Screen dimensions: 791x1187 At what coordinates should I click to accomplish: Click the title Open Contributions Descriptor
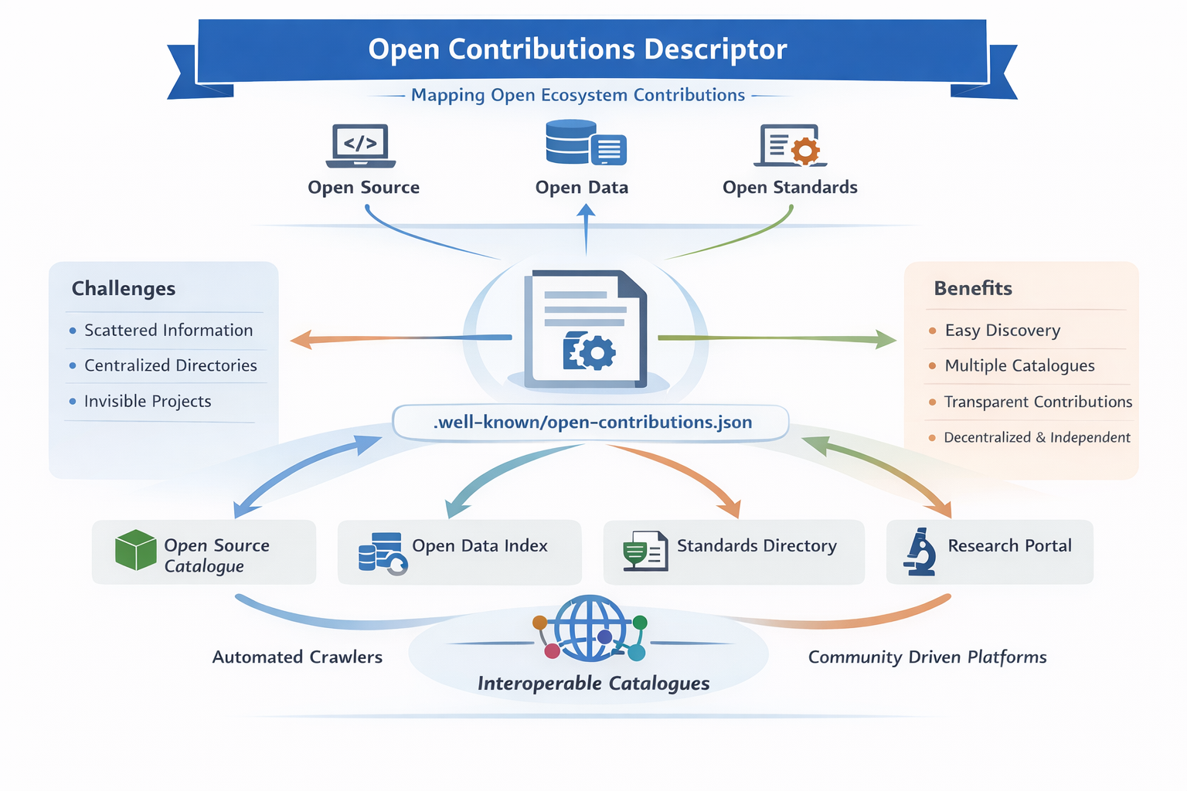click(x=577, y=49)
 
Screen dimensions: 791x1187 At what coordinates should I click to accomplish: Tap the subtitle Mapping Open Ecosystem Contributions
click(x=577, y=95)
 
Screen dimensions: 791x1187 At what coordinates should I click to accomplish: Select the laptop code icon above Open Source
click(x=361, y=144)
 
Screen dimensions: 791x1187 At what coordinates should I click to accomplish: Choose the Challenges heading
click(x=124, y=289)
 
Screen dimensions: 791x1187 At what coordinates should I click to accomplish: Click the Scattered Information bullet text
click(x=168, y=331)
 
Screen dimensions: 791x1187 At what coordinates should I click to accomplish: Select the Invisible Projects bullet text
click(x=148, y=402)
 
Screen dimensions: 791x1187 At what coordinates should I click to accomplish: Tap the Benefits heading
click(x=973, y=289)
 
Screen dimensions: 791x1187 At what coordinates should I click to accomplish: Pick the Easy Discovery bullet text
click(x=1002, y=331)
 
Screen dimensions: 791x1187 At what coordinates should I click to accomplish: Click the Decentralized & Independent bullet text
click(x=1036, y=438)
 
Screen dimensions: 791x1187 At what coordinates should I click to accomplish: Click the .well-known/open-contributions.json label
click(x=592, y=423)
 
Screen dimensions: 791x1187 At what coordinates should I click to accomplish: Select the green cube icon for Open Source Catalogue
click(x=136, y=550)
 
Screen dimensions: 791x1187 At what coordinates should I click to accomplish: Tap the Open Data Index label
click(x=479, y=546)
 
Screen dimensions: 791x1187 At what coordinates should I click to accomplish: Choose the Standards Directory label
click(x=757, y=546)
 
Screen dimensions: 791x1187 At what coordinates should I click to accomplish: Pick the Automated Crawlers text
click(x=298, y=657)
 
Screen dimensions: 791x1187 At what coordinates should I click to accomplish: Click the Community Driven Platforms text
click(x=927, y=657)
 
